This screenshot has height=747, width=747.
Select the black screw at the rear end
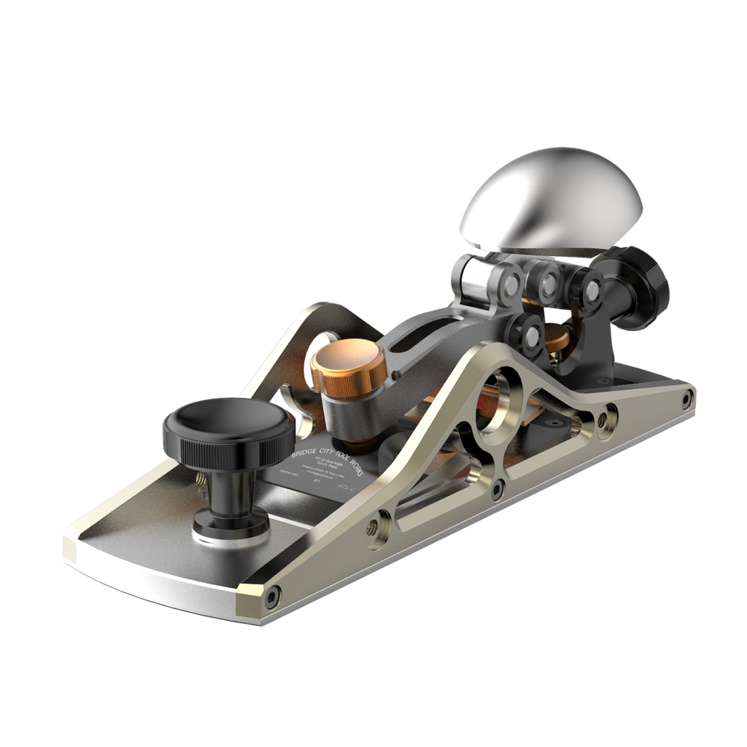pos(687,398)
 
